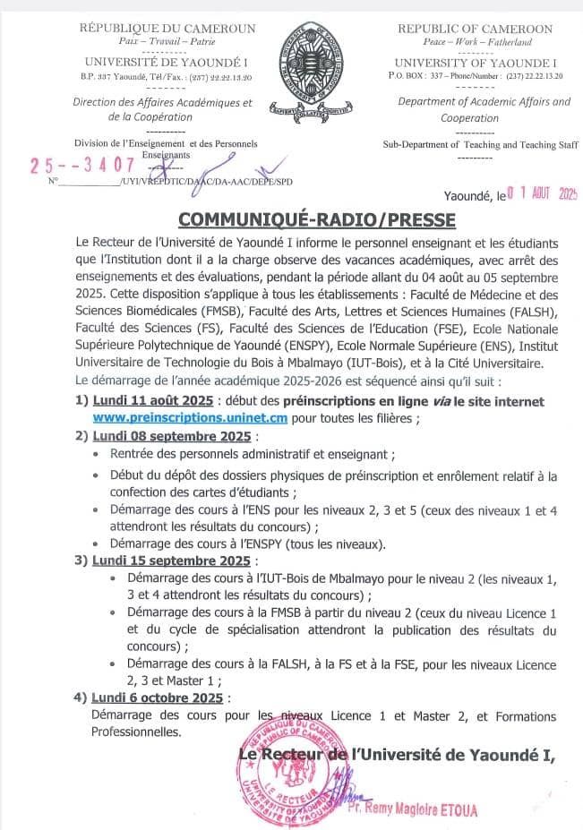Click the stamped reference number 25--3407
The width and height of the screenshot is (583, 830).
82,165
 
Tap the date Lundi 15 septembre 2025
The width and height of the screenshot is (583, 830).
170,560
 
